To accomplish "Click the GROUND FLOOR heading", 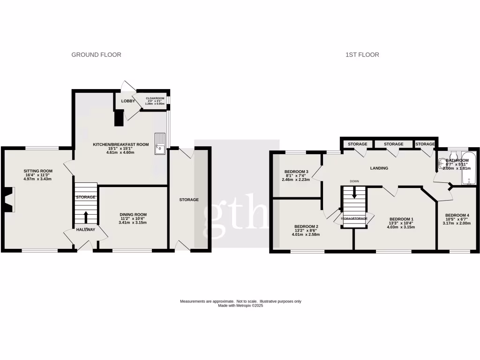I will [96, 55].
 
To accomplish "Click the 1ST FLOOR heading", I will [362, 55].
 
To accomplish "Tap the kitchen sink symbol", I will [160, 143].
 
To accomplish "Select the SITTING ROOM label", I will [38, 171].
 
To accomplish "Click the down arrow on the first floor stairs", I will [354, 193].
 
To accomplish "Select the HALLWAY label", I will [86, 230].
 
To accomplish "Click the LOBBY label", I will [128, 101].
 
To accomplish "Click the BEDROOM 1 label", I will [402, 219].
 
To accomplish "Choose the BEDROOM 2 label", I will [307, 226].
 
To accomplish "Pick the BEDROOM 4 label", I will [457, 215].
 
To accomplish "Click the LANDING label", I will [379, 168].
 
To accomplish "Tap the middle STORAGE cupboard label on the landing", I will [393, 144].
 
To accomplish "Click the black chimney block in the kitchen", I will [119, 118].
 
